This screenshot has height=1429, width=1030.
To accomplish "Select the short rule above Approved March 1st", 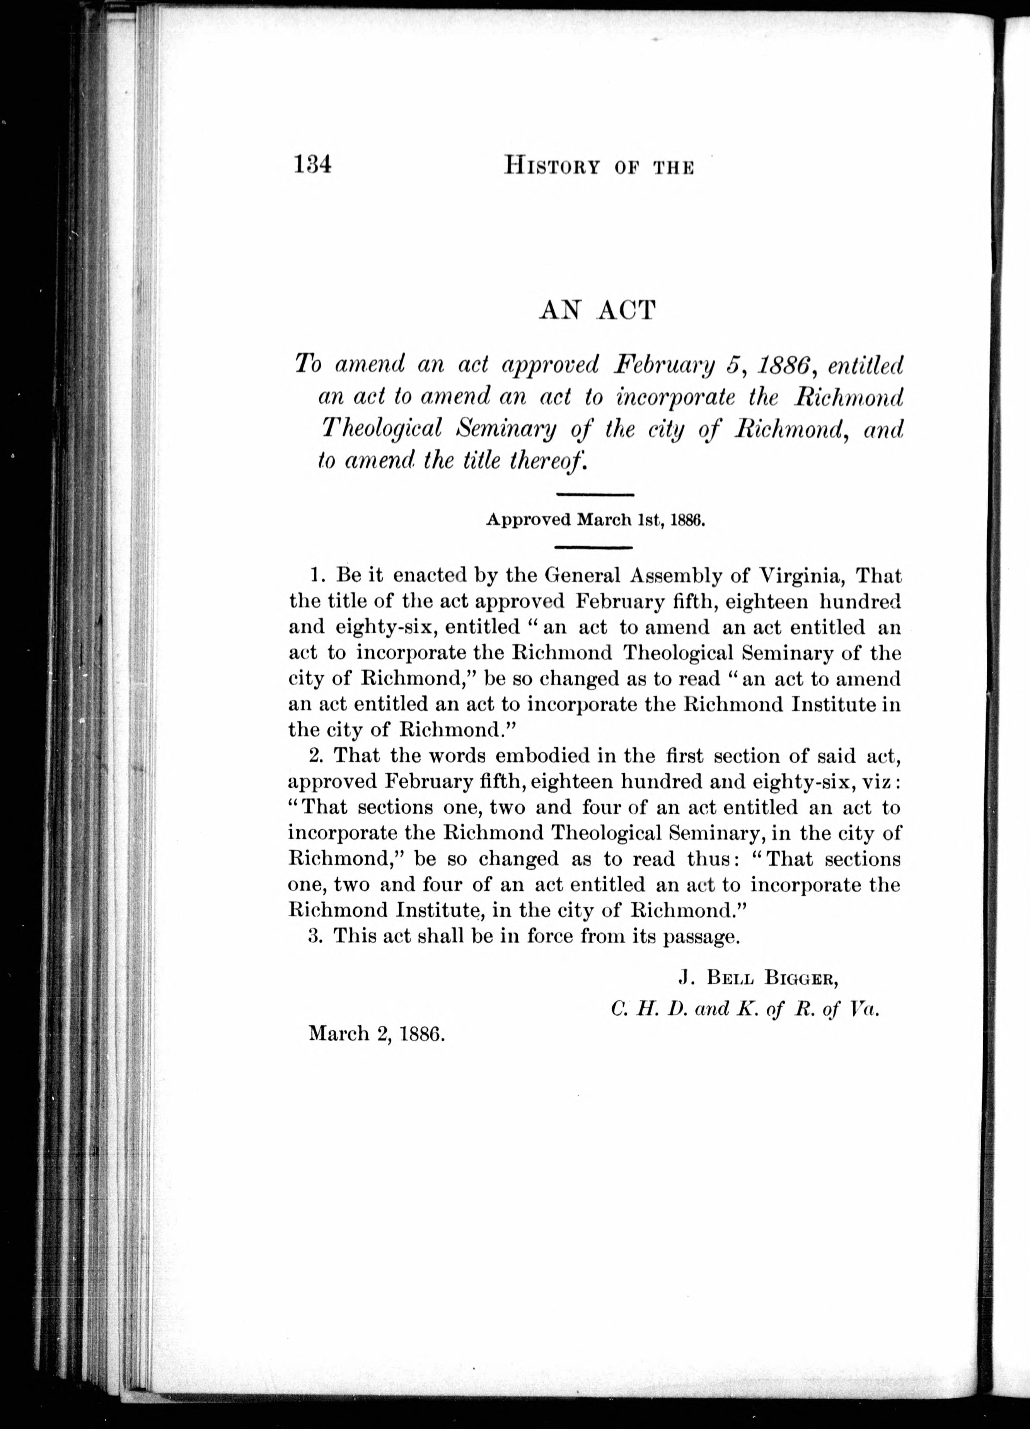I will coord(595,495).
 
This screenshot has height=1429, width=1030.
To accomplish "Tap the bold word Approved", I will coord(528,520).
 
